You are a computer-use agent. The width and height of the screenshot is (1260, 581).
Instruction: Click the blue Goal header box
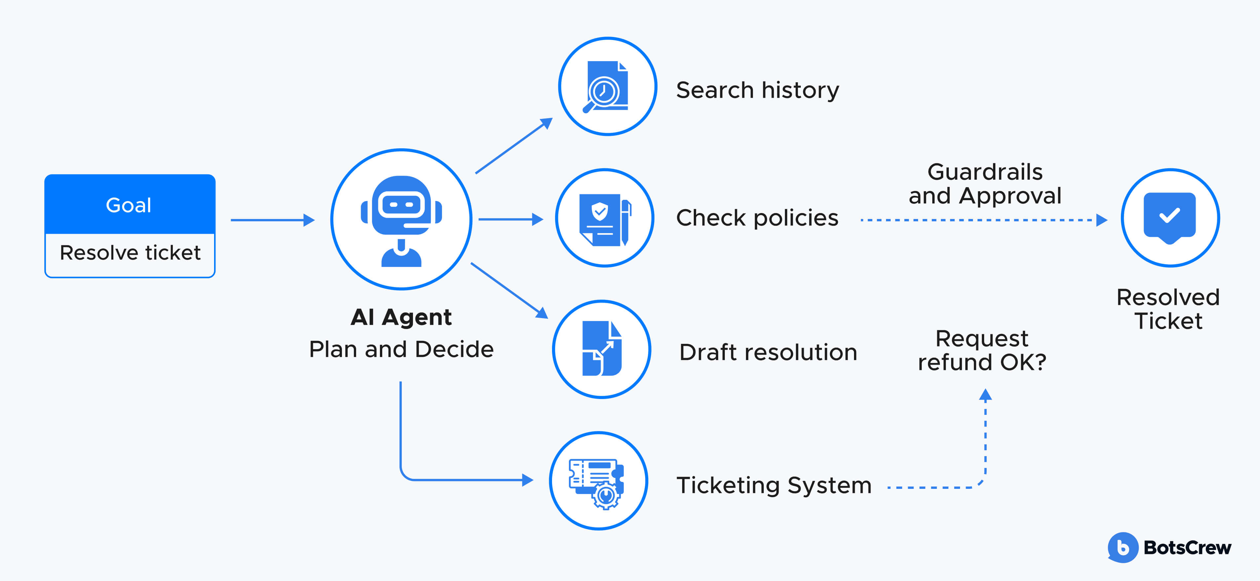130,204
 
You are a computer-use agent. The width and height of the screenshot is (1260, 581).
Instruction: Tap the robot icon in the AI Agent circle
401,220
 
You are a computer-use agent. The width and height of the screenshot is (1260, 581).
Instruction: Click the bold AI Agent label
401,317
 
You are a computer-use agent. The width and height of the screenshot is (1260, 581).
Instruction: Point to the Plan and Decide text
401,349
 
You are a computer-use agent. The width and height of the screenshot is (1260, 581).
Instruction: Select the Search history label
757,91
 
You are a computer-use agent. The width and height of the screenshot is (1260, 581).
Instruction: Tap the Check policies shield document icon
605,219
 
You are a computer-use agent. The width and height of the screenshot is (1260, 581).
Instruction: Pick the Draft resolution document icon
602,349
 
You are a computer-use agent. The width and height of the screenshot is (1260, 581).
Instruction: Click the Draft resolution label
768,352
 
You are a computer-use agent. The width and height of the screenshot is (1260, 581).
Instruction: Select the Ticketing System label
774,485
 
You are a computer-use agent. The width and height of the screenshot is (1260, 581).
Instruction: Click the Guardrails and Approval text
984,184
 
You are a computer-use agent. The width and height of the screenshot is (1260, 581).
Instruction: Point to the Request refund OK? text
982,350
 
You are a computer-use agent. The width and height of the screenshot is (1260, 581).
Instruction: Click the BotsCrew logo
1169,547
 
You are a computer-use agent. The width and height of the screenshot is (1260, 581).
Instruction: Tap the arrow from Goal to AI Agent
272,220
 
